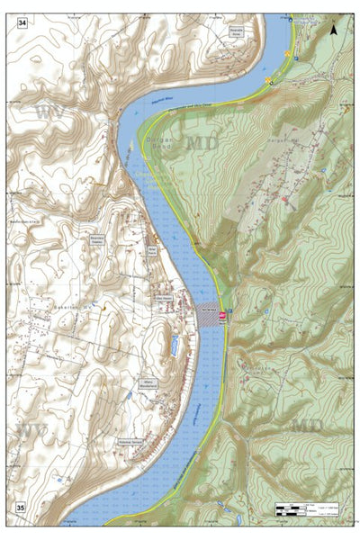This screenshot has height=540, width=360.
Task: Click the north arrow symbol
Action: click(334, 29)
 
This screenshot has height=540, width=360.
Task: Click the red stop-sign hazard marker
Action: click(222, 315)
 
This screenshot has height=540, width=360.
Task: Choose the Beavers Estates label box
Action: click(97, 239)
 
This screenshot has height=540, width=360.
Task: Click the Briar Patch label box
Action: click(152, 253)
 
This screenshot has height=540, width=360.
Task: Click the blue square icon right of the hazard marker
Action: click(230, 311)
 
